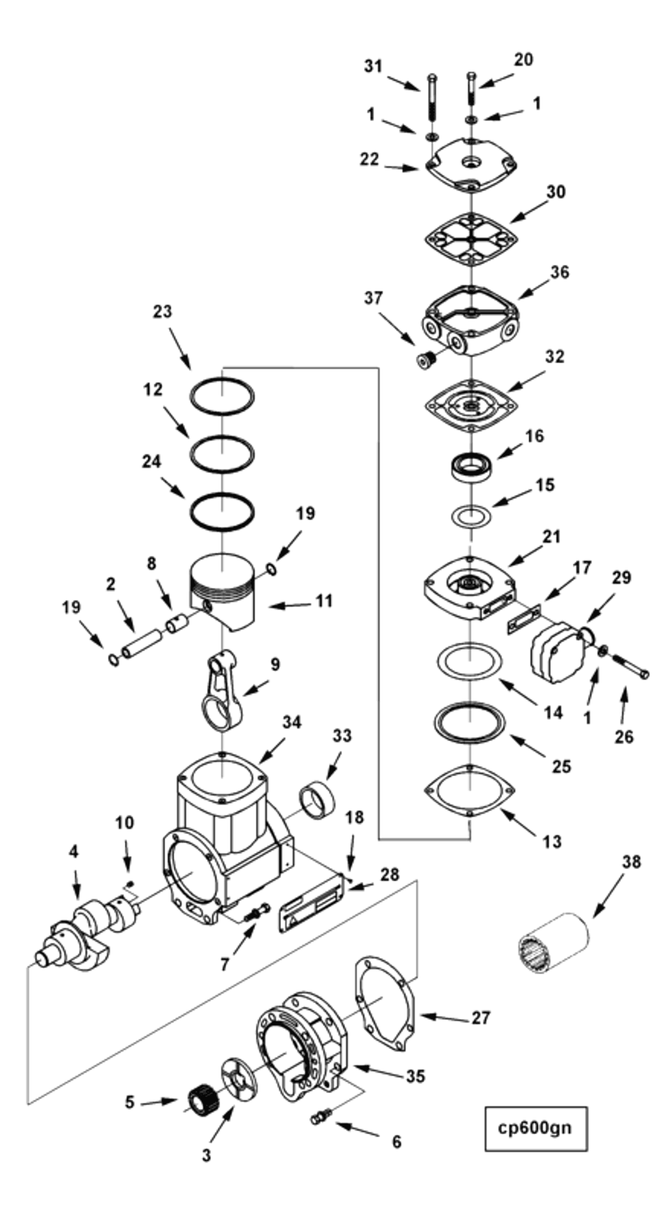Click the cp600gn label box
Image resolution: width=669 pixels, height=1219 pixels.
[x=536, y=1129]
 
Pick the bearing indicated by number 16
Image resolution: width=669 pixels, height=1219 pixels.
[x=471, y=467]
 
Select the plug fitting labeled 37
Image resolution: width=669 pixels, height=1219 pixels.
[x=427, y=360]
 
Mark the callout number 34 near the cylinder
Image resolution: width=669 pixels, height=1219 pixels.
[x=291, y=722]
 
